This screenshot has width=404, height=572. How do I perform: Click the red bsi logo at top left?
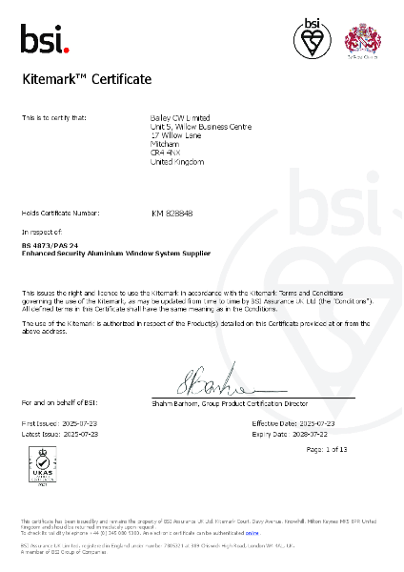point(45,39)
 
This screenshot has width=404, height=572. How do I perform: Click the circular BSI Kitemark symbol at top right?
point(312,39)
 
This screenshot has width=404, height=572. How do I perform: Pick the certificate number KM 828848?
point(172,214)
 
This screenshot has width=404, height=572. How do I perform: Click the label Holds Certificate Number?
point(60,214)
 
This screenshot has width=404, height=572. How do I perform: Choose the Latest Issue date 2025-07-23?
point(78,433)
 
